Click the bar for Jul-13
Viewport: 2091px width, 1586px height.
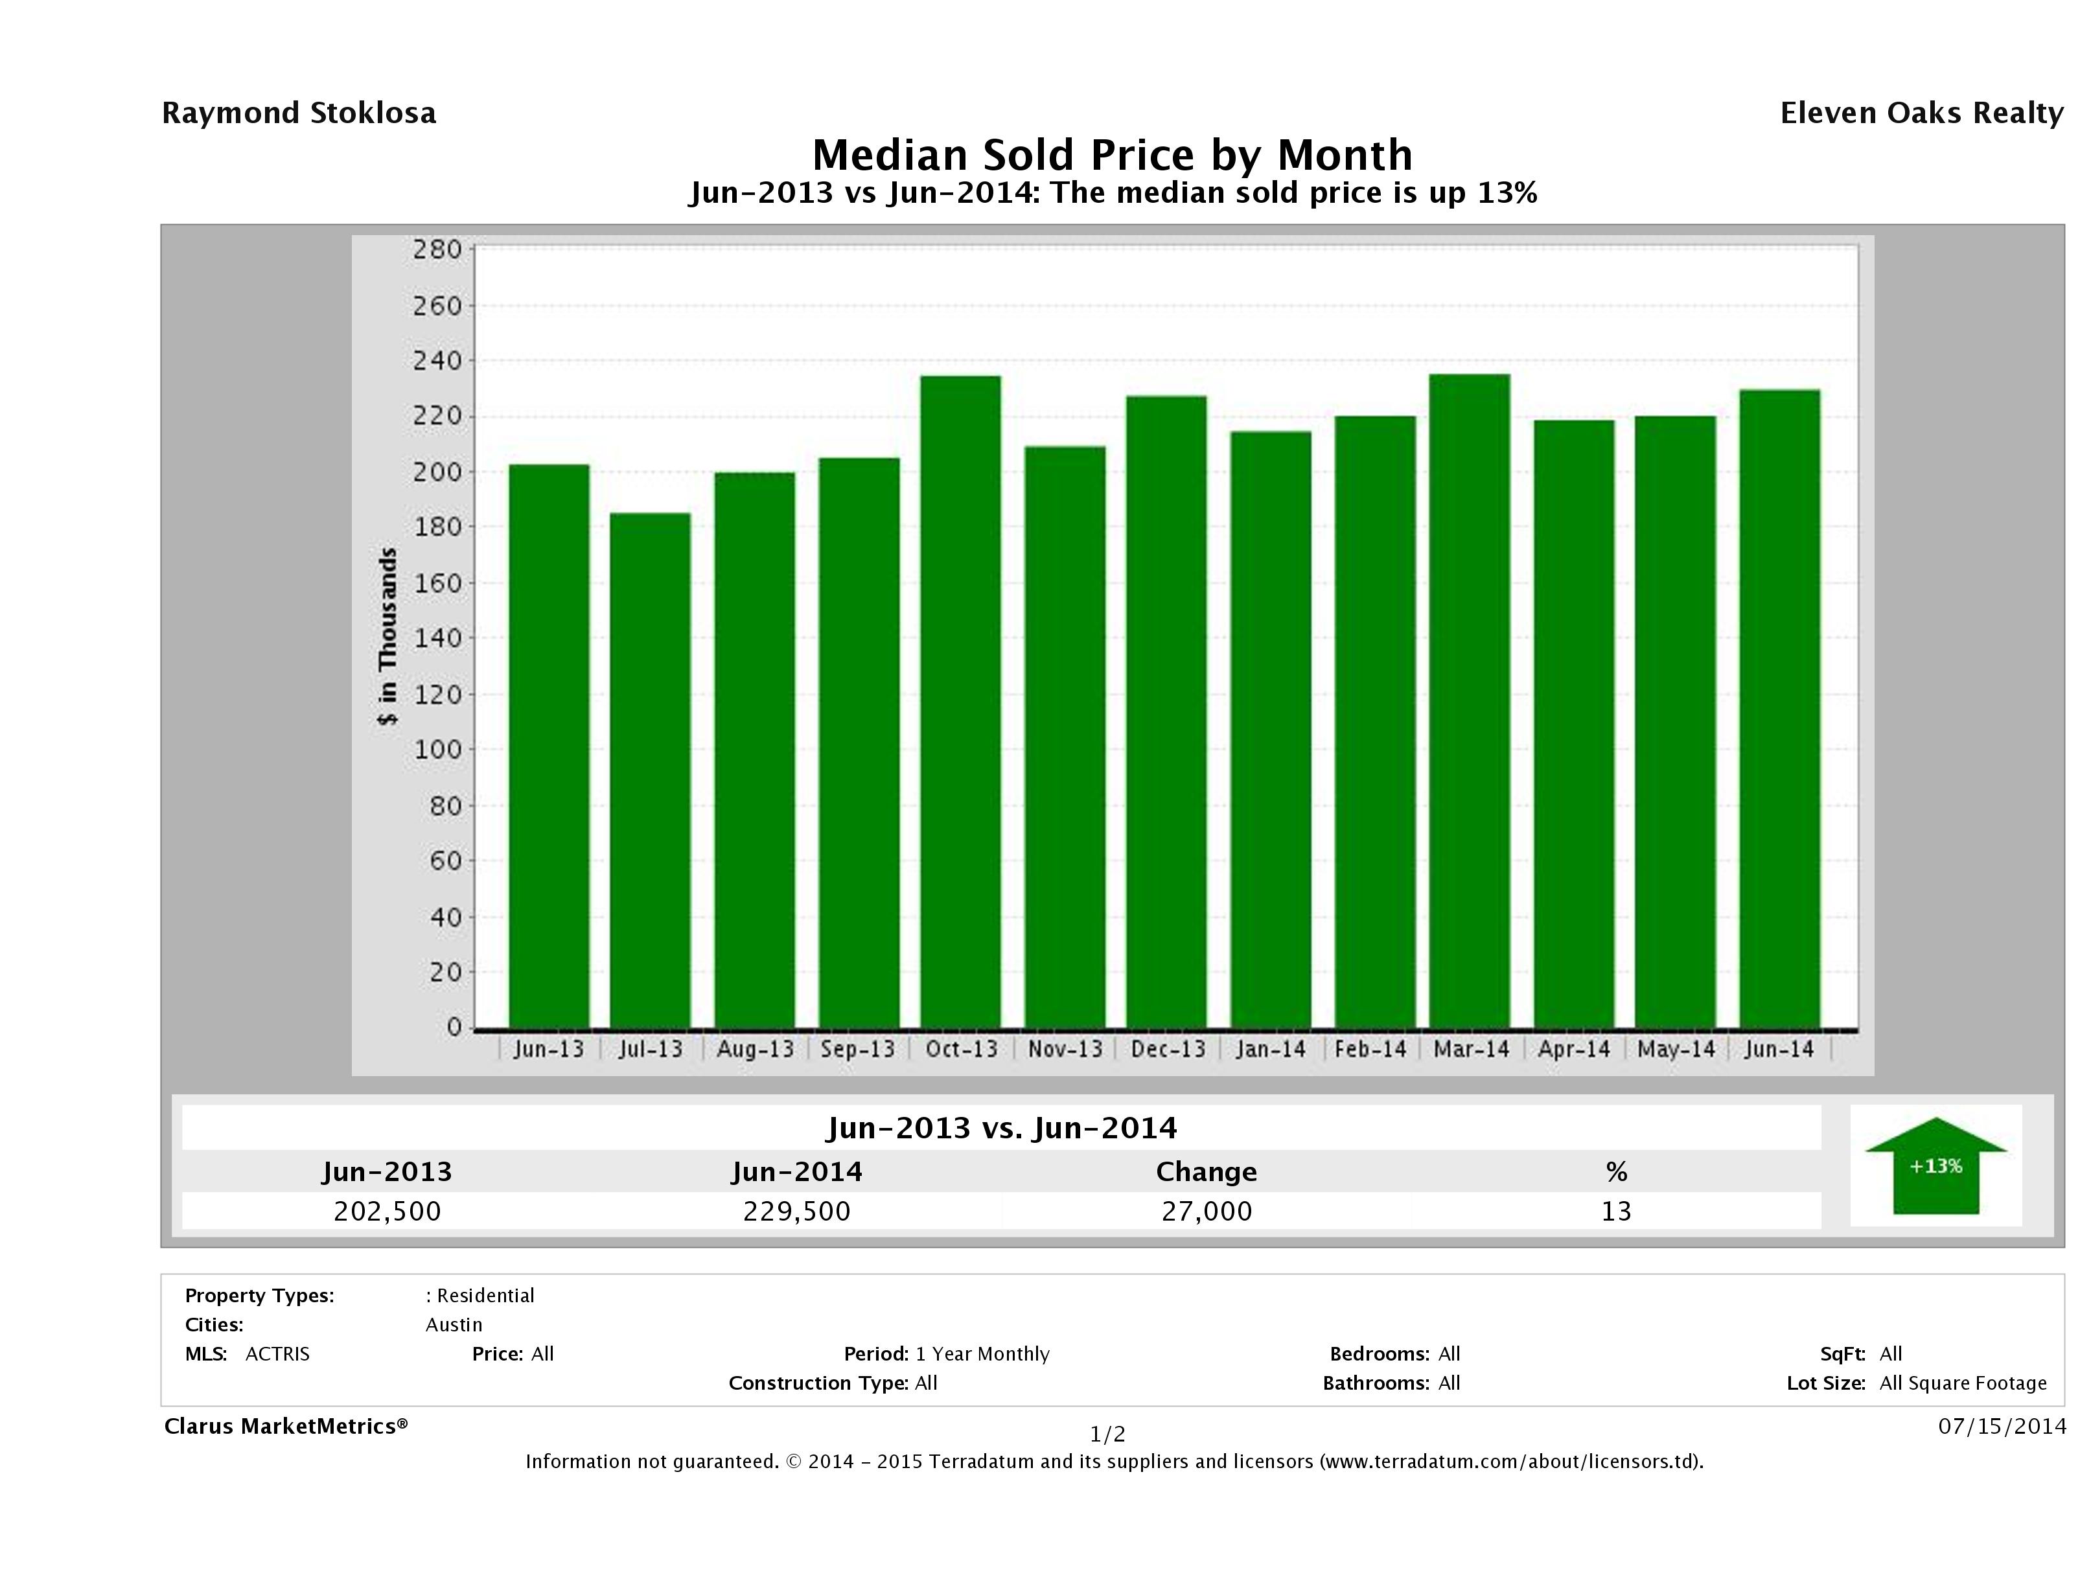click(651, 770)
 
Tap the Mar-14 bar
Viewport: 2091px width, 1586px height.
click(1470, 700)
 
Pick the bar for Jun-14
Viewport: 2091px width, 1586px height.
click(1779, 709)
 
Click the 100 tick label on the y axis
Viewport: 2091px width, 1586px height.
click(437, 750)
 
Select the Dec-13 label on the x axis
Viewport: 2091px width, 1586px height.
click(1168, 1049)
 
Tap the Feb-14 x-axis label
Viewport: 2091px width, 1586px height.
click(1370, 1049)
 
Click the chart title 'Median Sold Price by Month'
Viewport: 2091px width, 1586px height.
click(1112, 155)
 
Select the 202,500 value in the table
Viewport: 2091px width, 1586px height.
click(387, 1211)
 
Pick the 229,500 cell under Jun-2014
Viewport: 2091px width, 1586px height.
click(797, 1211)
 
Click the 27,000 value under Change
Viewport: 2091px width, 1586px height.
click(1207, 1211)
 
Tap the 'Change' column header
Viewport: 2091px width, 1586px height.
click(1207, 1172)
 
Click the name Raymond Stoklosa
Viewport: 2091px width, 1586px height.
click(299, 113)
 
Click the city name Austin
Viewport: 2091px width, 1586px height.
click(454, 1325)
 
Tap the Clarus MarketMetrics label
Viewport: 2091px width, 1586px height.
click(286, 1426)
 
